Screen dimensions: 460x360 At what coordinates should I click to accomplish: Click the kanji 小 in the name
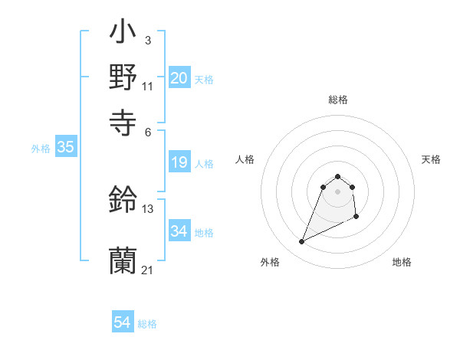click(123, 35)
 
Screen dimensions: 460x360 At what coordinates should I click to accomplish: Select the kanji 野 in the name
click(123, 77)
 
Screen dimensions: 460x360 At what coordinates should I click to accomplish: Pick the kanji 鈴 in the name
click(123, 200)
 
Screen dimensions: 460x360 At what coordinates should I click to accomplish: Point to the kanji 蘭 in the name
click(123, 261)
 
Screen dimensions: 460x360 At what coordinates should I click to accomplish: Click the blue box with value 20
click(179, 78)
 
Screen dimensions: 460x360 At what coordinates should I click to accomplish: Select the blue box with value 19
click(179, 162)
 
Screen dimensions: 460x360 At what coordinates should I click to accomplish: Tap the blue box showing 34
click(179, 231)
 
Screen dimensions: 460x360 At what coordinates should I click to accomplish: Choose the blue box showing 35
click(65, 148)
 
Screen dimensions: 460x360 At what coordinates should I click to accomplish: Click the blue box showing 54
click(123, 322)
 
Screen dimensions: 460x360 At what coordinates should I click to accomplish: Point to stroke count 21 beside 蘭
click(147, 270)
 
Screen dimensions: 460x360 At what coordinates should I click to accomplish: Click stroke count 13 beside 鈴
click(148, 209)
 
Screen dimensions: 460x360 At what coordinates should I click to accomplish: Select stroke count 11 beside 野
click(147, 87)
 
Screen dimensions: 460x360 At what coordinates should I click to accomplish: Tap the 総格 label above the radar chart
click(338, 100)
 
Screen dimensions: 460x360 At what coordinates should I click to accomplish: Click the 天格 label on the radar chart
click(431, 159)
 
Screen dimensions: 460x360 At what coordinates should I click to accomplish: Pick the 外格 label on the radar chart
click(270, 262)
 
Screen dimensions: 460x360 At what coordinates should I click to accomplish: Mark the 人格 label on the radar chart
click(245, 159)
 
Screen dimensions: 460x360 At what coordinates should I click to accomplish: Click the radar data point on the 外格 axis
click(301, 242)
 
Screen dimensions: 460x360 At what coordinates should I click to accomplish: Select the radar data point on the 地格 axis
click(357, 218)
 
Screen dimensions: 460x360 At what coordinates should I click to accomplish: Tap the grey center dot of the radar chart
click(338, 191)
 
